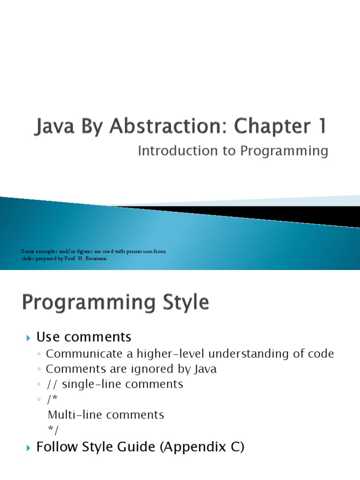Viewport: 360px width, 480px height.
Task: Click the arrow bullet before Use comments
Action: click(28, 337)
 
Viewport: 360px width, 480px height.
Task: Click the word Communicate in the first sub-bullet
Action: click(79, 354)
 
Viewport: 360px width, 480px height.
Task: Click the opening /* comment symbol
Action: click(52, 399)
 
